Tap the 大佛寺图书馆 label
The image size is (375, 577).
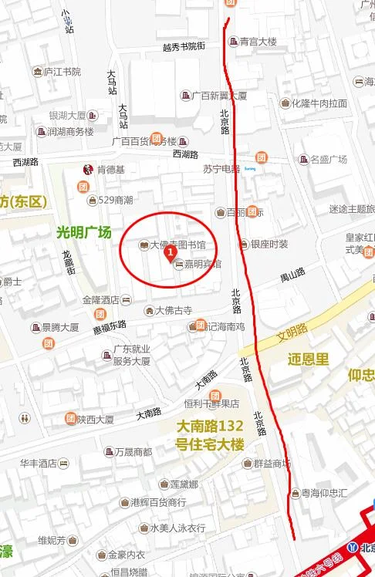point(178,245)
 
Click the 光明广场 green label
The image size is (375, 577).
point(84,232)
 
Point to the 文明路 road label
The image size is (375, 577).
point(292,336)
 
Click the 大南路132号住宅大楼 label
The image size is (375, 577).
point(210,434)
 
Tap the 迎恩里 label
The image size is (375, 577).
point(309,359)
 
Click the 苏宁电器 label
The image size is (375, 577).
point(221,169)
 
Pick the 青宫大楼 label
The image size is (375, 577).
point(258,42)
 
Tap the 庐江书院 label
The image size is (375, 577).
point(62,72)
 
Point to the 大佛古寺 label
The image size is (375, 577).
point(173,311)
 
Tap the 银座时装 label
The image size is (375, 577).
point(269,245)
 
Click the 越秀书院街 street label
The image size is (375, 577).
point(184,47)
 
